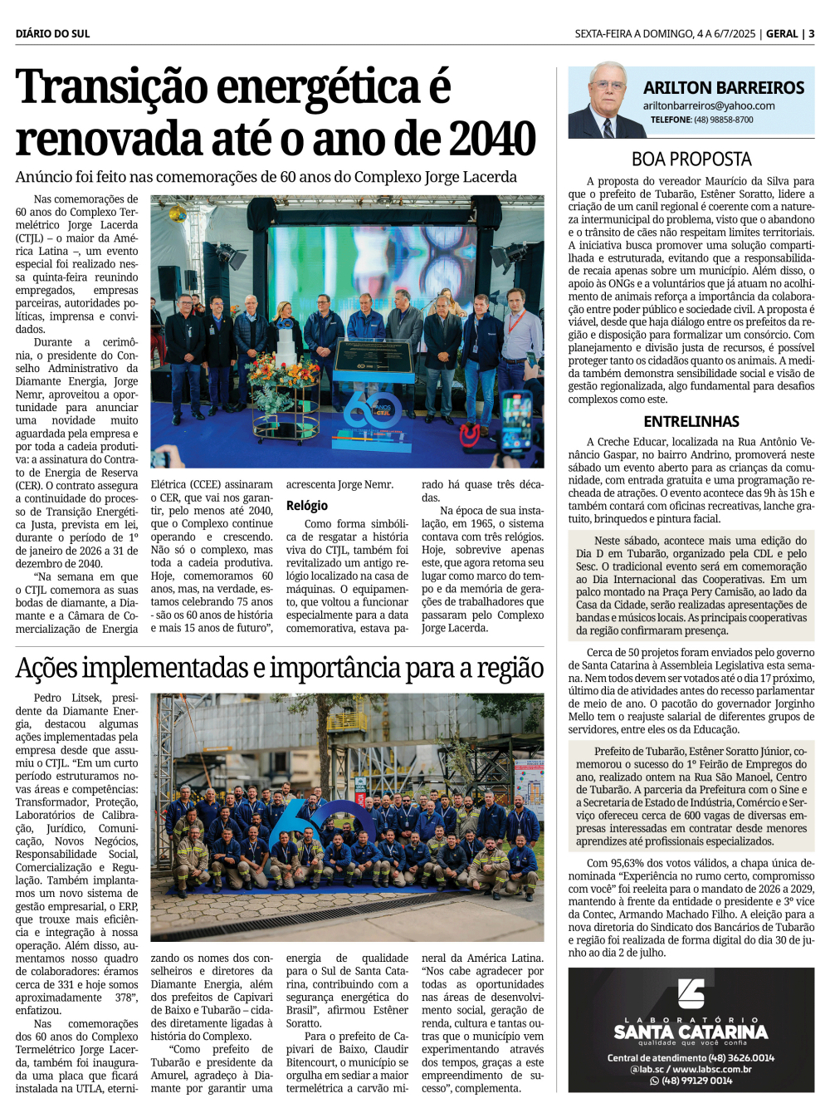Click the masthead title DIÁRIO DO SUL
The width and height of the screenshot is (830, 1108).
click(52, 34)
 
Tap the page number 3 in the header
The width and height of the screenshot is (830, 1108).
click(811, 34)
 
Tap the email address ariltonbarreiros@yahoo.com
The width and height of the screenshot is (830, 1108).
click(709, 105)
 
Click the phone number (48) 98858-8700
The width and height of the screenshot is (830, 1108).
click(724, 120)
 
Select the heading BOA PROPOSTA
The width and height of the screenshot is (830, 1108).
click(691, 159)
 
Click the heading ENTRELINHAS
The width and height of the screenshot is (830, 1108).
click(691, 421)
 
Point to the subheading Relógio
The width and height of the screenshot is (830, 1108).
click(307, 505)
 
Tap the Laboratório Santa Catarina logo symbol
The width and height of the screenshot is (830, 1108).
click(691, 993)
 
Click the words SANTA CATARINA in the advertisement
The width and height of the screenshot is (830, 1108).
click(691, 1032)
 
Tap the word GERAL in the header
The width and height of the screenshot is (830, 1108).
click(782, 34)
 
